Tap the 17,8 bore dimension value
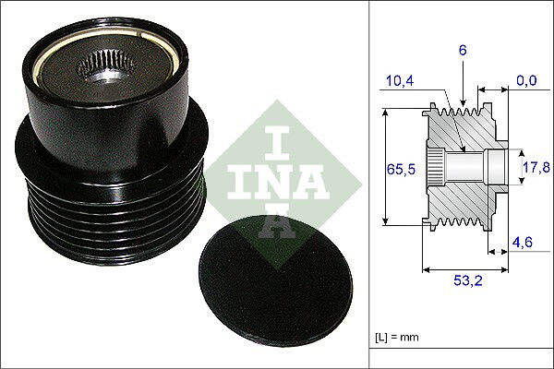tap(536, 167)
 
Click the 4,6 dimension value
tap(523, 244)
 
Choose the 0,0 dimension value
tap(527, 82)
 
